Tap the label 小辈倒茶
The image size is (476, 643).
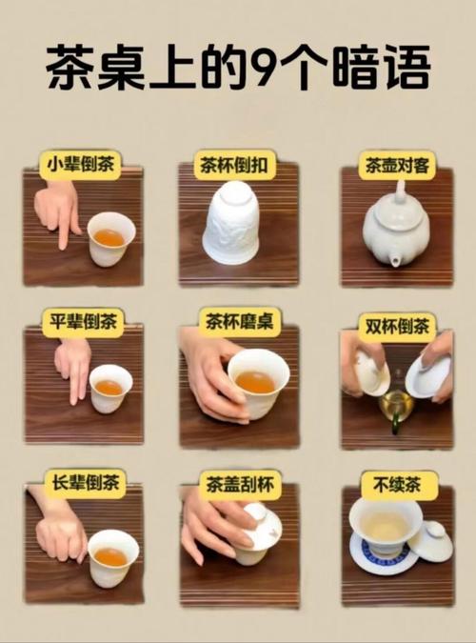tap(81, 164)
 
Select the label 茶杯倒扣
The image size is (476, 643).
tap(236, 164)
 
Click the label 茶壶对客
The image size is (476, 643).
tap(397, 164)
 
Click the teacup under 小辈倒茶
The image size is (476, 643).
tap(110, 238)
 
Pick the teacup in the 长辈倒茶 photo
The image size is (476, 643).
tap(112, 557)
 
